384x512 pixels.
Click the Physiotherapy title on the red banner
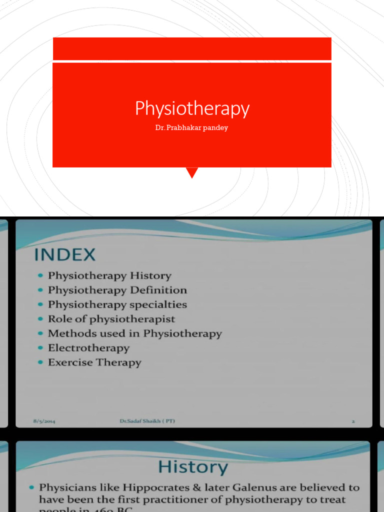pos(192,108)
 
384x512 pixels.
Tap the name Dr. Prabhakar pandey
pos(191,128)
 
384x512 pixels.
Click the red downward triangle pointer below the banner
pos(192,173)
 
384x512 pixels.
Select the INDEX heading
pos(64,254)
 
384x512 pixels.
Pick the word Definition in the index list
pos(158,290)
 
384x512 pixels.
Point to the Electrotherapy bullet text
pos(88,348)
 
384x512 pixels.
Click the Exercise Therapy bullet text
pos(94,362)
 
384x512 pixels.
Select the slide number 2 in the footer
pos(353,421)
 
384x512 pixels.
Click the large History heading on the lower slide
pos(192,467)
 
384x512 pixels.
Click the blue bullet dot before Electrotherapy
pos(40,348)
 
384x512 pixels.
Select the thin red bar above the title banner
pos(192,48)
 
